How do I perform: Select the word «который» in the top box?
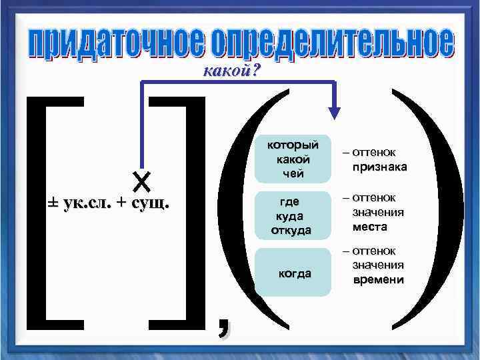pos(293,145)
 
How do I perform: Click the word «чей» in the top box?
pos(293,174)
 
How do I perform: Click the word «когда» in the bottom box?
pos(293,274)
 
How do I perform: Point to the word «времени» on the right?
pos(377,279)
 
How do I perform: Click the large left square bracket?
pos(40,213)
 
